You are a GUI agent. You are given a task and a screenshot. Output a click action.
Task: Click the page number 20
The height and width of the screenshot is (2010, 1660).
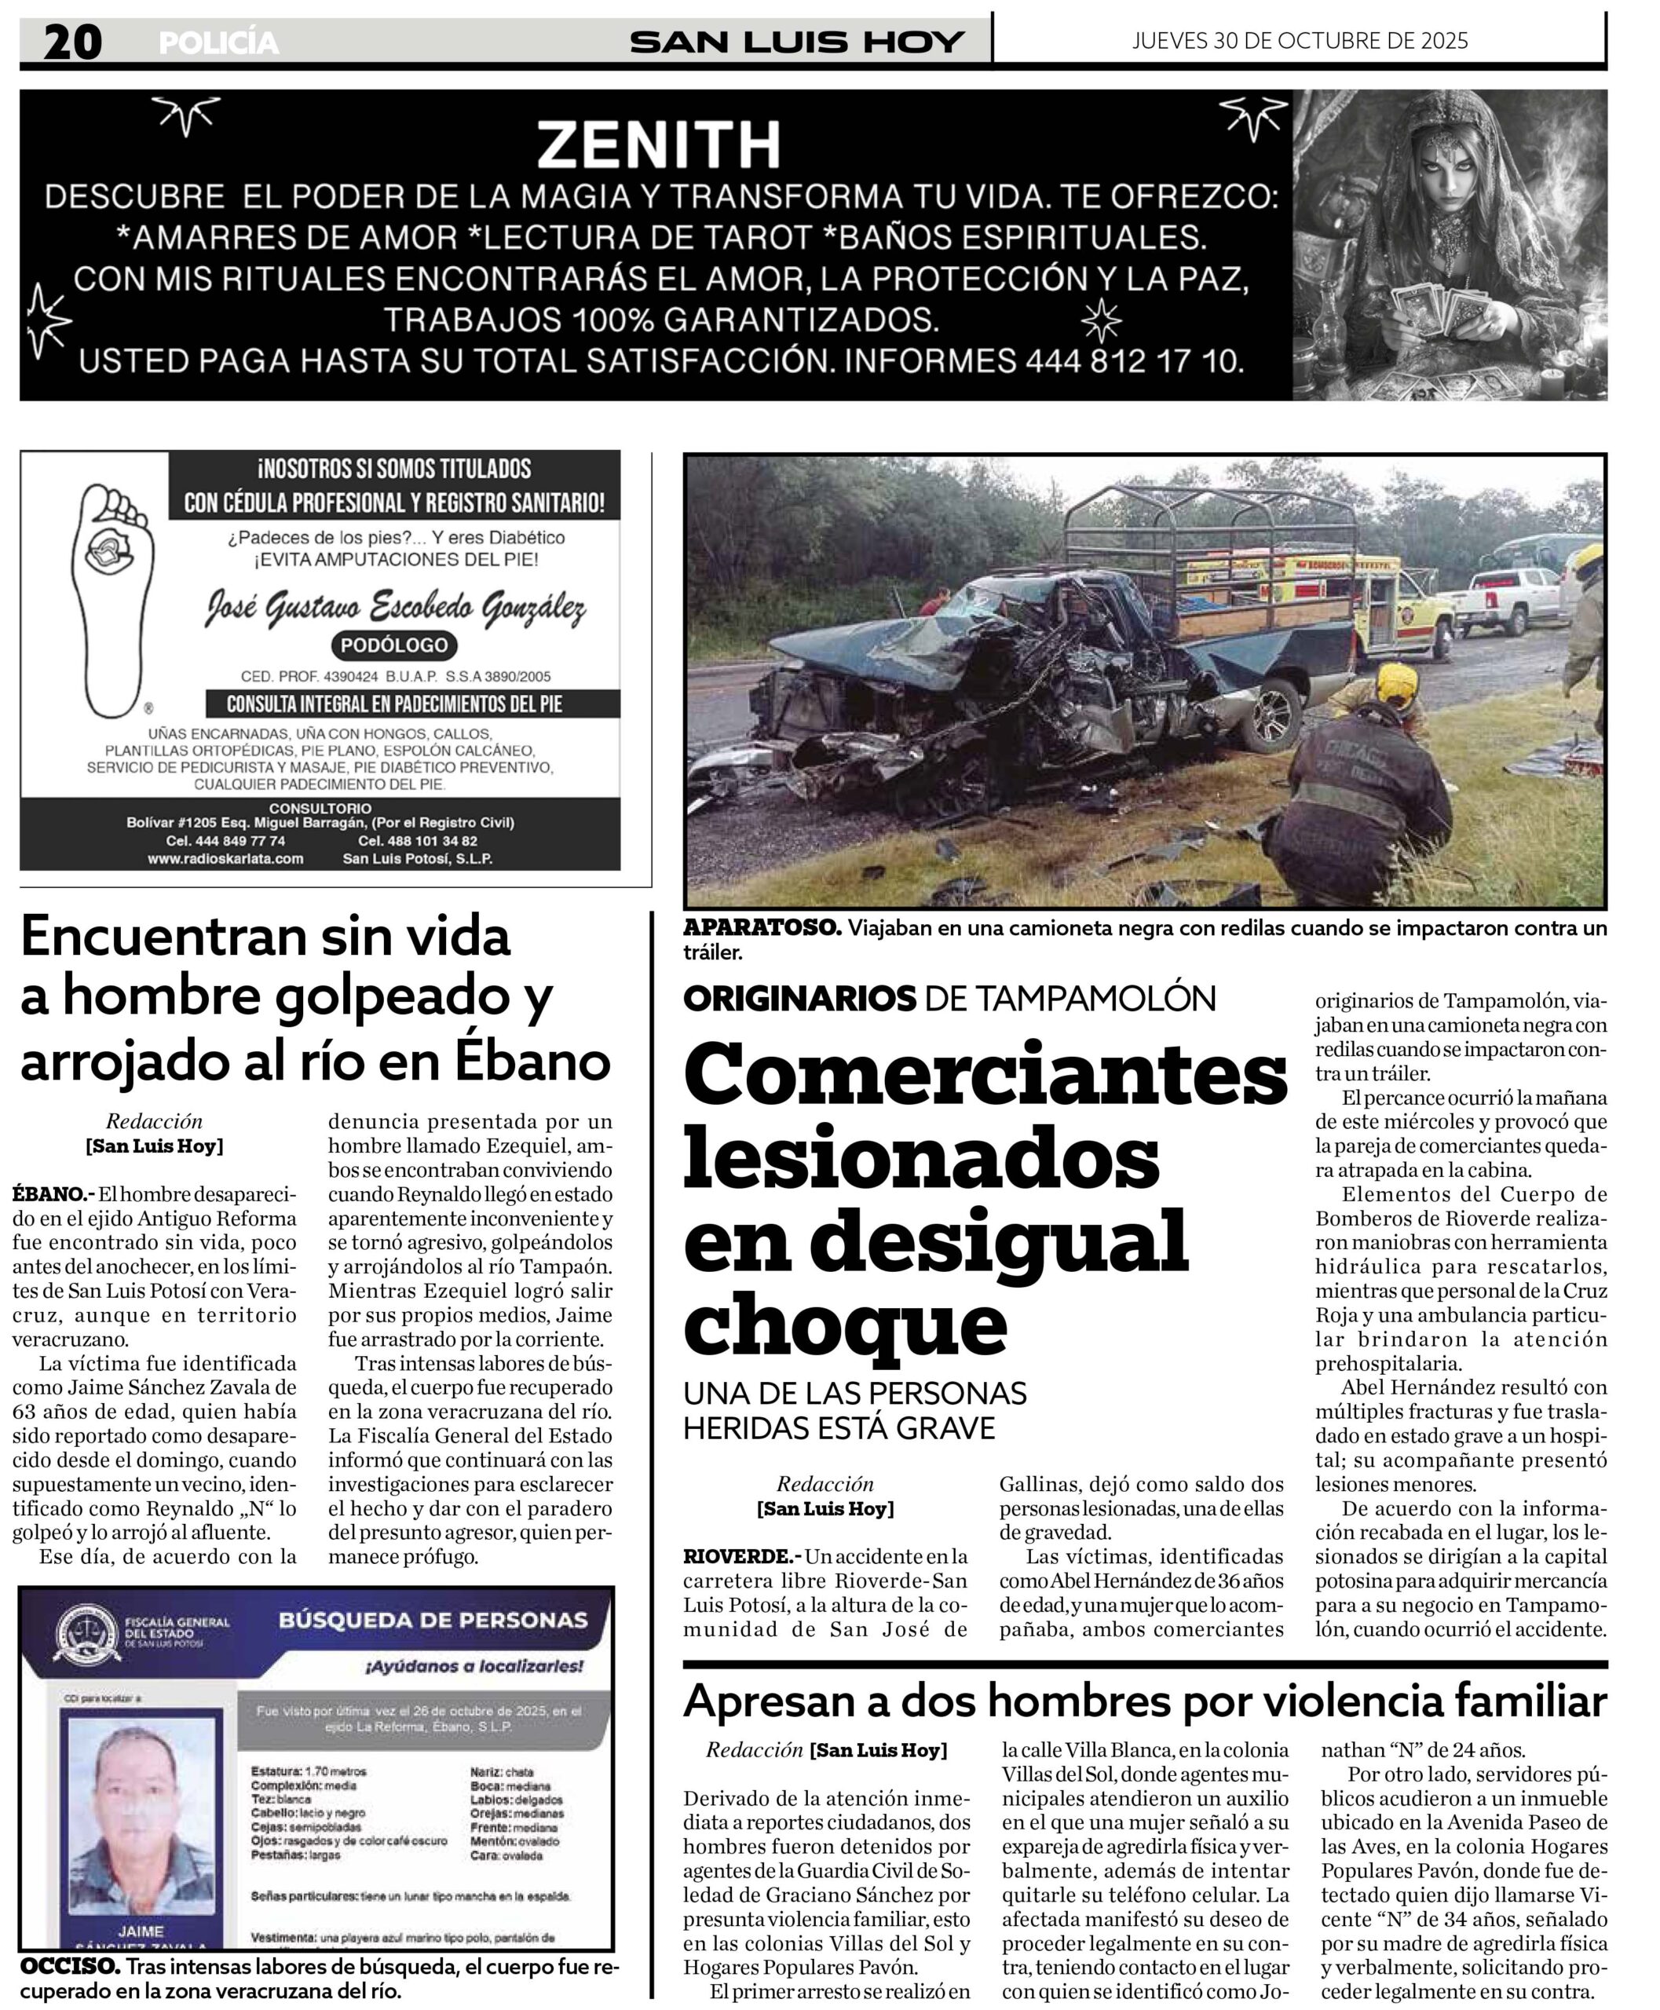point(71,42)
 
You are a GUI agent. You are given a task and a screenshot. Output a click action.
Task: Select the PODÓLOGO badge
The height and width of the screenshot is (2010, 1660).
point(394,645)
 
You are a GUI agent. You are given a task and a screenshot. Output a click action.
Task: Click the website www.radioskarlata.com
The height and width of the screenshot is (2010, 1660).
point(225,859)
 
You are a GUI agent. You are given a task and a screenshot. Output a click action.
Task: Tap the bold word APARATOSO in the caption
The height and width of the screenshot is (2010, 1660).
point(761,927)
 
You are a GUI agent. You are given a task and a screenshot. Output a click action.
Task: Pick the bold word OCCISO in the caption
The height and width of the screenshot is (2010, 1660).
point(69,1966)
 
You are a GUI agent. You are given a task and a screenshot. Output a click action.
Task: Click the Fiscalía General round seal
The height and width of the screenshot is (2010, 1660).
point(87,1632)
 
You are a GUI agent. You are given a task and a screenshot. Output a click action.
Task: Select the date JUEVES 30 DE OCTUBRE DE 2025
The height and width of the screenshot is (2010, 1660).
point(1300,40)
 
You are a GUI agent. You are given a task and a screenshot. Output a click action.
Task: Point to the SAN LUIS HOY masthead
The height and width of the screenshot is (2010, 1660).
point(796,42)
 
